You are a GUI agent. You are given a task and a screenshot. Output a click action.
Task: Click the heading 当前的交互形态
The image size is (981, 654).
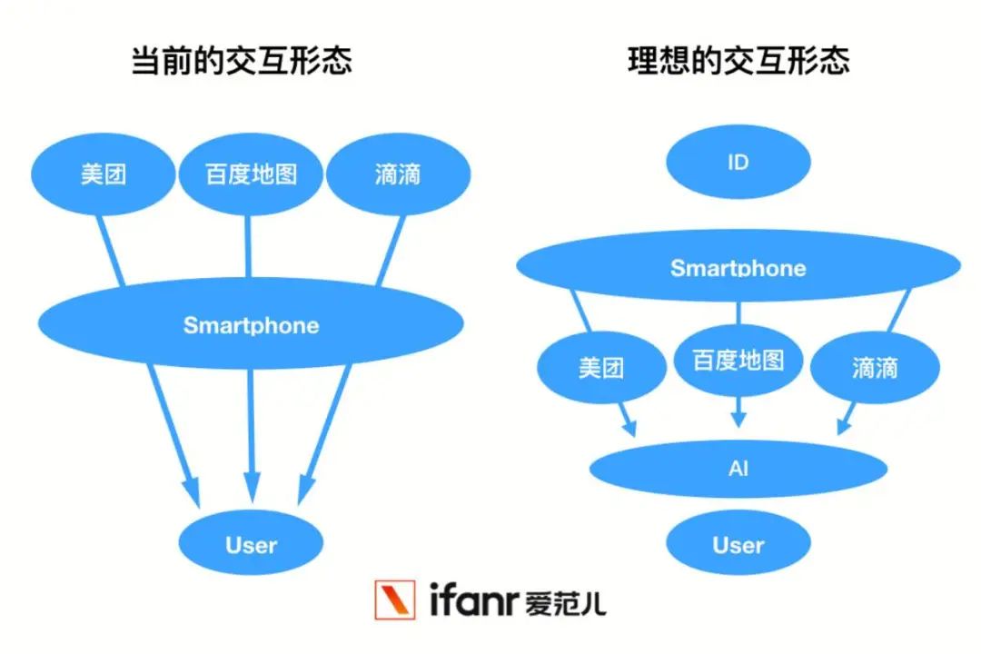(242, 62)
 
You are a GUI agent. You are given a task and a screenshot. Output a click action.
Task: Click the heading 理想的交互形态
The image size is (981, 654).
(738, 62)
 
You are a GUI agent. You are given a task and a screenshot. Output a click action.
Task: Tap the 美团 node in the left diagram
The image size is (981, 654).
(104, 174)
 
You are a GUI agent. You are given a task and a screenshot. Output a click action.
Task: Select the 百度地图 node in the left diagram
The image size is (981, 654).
(251, 174)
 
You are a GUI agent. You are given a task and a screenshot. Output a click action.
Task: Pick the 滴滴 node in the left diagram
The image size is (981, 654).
(399, 174)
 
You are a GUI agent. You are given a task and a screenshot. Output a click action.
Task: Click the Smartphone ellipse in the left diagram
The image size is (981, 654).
(251, 324)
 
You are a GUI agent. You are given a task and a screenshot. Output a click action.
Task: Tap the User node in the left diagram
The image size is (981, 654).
(251, 543)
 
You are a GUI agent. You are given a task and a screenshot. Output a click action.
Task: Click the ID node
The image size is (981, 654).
(738, 162)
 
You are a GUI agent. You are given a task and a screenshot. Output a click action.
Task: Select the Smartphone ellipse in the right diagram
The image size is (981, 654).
(738, 266)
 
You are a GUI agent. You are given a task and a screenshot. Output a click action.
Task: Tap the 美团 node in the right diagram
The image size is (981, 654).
(601, 367)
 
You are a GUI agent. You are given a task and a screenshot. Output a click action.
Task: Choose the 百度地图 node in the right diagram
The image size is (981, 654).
(738, 361)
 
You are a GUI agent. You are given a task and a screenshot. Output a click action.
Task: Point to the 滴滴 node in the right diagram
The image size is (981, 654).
(875, 367)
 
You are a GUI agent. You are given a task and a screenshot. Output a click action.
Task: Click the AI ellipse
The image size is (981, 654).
(738, 469)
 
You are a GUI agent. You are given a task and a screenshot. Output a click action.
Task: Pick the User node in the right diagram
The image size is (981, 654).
(738, 543)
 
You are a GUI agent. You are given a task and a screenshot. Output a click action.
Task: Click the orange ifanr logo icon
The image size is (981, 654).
(395, 600)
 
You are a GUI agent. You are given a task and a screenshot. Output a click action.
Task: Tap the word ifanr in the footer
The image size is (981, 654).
(473, 599)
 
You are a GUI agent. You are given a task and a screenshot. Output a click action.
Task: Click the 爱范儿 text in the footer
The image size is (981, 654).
(566, 603)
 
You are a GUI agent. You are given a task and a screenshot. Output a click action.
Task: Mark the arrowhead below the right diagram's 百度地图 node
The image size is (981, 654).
(738, 419)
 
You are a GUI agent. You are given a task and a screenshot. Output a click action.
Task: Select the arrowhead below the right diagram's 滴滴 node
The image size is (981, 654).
(844, 426)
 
